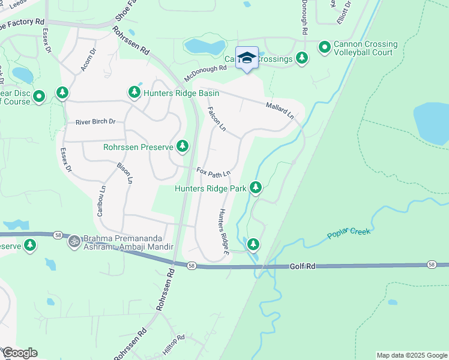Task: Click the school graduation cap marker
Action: click(x=247, y=58)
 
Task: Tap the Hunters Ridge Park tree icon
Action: click(x=256, y=188)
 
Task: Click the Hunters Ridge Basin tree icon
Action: click(x=134, y=92)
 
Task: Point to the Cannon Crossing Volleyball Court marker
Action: click(x=325, y=47)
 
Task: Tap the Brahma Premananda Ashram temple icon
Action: click(x=74, y=241)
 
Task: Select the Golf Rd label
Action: click(x=303, y=266)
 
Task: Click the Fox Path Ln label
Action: click(x=214, y=173)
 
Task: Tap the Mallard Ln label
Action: click(x=280, y=109)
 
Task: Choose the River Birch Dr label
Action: click(x=95, y=122)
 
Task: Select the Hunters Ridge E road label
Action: click(x=224, y=232)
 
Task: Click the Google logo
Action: click(x=20, y=353)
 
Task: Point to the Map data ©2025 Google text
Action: click(x=411, y=355)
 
